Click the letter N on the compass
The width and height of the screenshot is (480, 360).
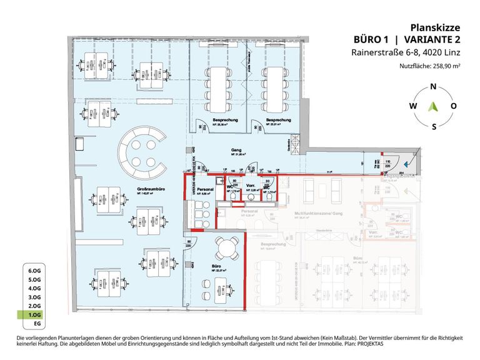pyautogui.click(x=433, y=86)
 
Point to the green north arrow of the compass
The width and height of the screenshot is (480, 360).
pyautogui.click(x=433, y=106)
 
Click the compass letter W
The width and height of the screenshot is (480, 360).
pyautogui.click(x=412, y=106)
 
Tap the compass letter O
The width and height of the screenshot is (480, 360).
pyautogui.click(x=454, y=106)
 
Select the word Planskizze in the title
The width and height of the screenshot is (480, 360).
pyautogui.click(x=436, y=27)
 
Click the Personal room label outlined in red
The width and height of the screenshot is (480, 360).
pyautogui.click(x=206, y=189)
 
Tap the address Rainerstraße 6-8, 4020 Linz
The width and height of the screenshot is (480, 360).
pyautogui.click(x=414, y=52)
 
